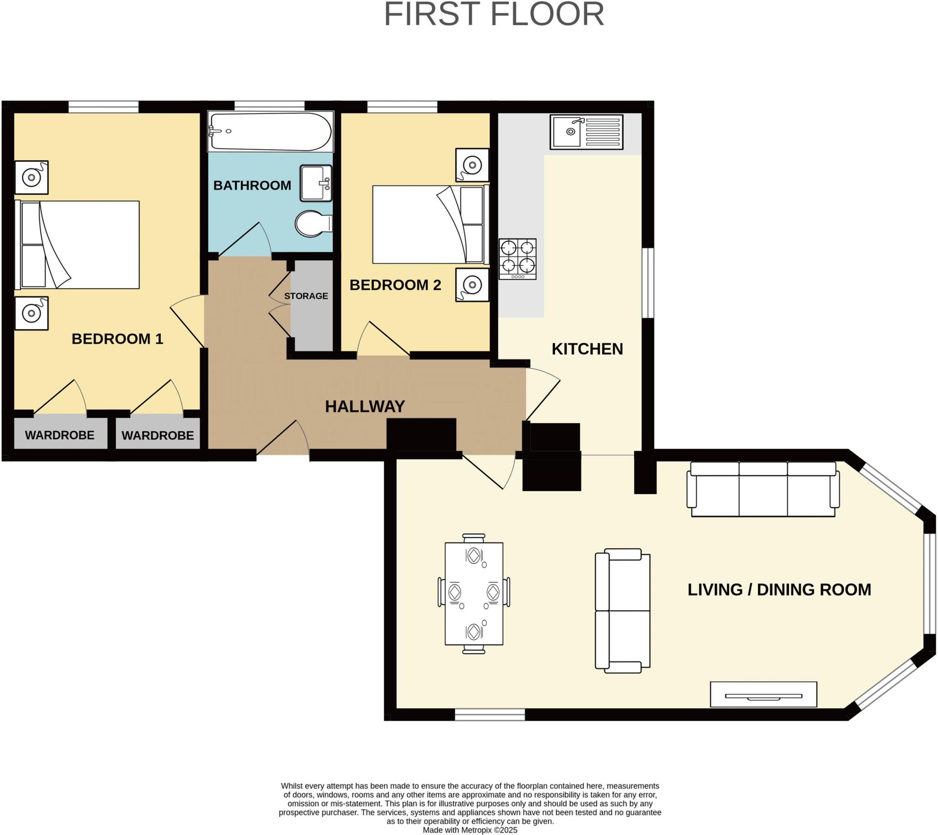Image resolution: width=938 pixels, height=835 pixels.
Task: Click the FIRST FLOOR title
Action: click(x=494, y=15)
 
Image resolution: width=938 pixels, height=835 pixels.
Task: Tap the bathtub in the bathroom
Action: click(x=270, y=132)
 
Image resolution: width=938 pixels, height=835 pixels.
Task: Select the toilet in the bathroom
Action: click(x=313, y=224)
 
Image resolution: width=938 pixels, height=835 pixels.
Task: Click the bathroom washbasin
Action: click(x=316, y=184)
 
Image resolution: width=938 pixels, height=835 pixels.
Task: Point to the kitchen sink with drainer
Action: click(x=587, y=132)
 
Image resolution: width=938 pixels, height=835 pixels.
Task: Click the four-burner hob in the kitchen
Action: click(x=518, y=259)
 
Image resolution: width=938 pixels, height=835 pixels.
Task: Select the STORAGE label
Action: click(x=306, y=296)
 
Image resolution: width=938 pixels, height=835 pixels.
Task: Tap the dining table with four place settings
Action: click(x=474, y=594)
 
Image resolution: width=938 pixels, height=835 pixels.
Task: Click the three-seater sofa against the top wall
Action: click(x=763, y=489)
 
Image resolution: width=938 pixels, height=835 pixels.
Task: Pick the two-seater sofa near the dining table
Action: click(x=623, y=611)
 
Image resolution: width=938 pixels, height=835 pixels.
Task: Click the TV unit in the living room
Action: click(x=763, y=694)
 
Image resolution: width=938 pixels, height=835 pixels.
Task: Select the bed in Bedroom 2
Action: click(x=429, y=224)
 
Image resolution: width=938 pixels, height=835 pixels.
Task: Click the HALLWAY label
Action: click(x=365, y=407)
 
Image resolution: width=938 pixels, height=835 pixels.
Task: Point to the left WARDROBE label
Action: click(x=60, y=435)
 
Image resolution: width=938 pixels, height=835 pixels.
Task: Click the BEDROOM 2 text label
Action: click(x=395, y=285)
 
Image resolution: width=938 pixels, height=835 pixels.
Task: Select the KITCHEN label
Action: click(x=587, y=349)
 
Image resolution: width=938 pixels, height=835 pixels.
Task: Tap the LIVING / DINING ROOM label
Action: click(x=779, y=590)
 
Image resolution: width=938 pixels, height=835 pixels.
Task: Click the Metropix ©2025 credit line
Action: click(x=469, y=830)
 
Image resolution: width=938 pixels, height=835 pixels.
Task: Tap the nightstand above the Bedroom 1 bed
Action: click(x=32, y=177)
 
